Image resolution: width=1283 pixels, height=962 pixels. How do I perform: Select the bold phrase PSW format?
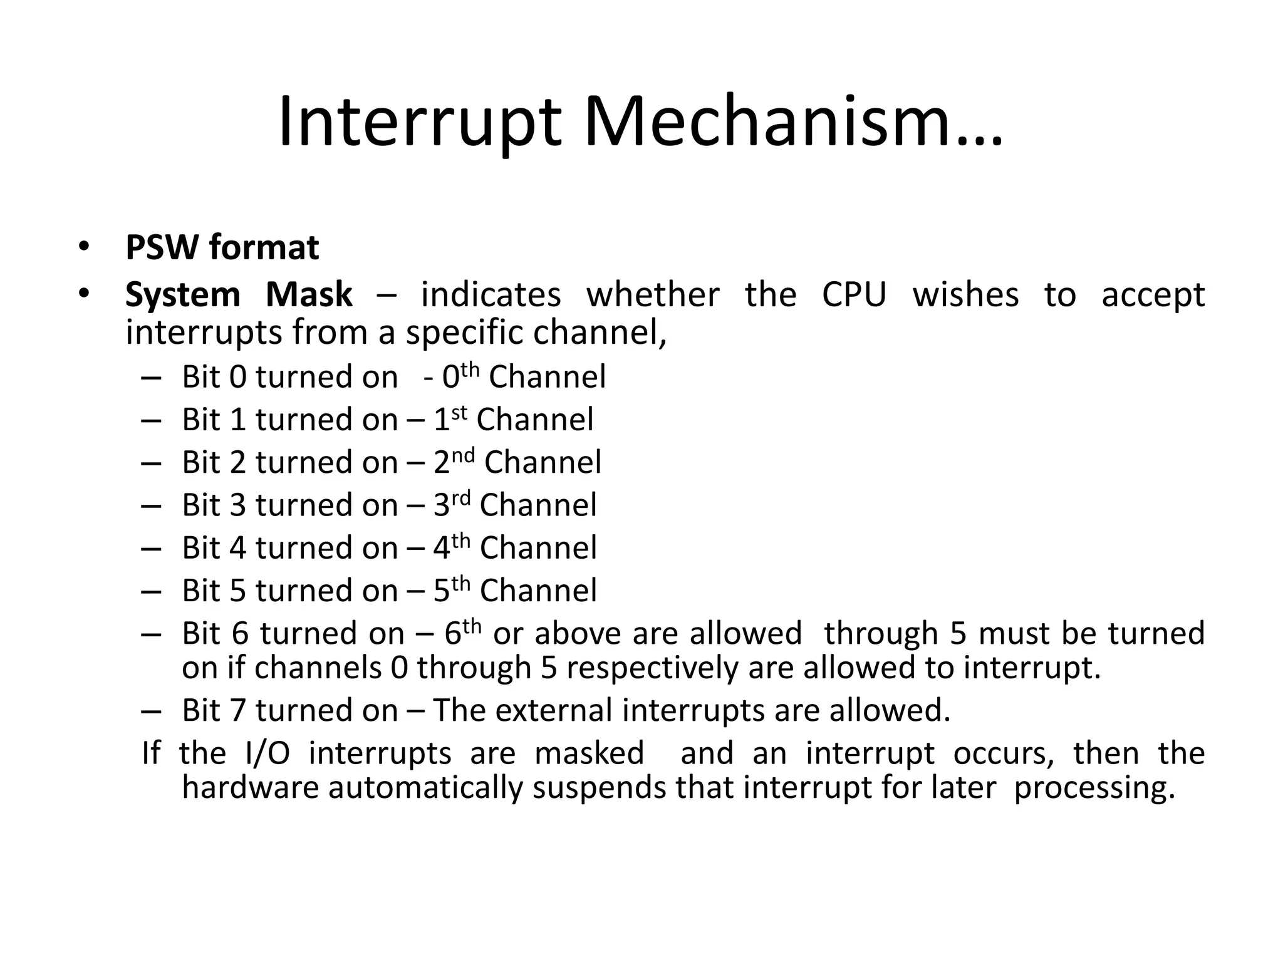(222, 247)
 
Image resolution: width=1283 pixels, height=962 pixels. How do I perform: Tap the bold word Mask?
(309, 294)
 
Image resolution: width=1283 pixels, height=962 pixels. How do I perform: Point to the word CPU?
(854, 294)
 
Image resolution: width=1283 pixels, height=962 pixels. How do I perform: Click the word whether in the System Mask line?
(653, 294)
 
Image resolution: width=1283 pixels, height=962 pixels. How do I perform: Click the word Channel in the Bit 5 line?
(538, 591)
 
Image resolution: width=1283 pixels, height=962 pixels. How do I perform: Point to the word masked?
(589, 753)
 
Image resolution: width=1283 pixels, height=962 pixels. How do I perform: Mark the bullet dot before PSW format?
(84, 247)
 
